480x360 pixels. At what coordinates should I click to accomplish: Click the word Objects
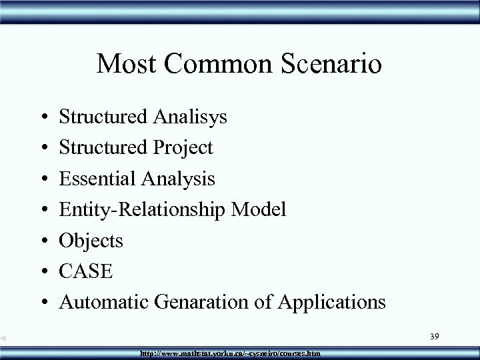91,240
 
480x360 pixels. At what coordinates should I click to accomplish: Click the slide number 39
434,339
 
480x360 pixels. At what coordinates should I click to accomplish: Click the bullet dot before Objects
43,241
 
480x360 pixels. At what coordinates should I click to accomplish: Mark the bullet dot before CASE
43,271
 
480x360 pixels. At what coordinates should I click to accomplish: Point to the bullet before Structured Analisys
43,117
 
